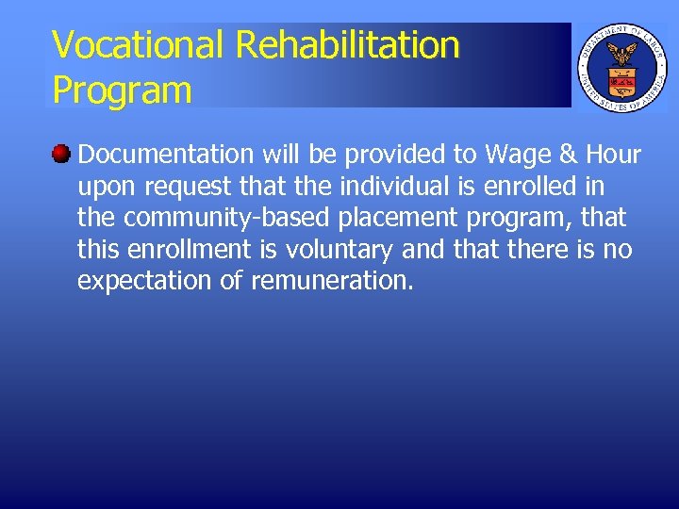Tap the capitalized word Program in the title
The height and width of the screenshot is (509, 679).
[x=122, y=90]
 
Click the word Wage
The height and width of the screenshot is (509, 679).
[x=516, y=155]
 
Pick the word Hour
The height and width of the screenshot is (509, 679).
[x=613, y=155]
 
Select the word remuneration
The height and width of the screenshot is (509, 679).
[x=332, y=282]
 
